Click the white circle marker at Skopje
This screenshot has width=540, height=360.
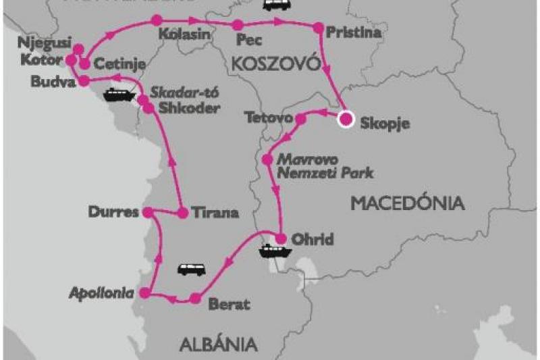point(346,120)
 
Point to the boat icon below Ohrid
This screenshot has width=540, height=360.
point(275,251)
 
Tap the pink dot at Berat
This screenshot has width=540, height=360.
point(195,298)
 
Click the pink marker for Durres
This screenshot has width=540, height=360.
point(146,211)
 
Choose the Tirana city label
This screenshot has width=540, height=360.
point(215,213)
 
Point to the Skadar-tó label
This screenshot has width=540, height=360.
point(178,93)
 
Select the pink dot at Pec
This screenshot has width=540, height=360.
point(237,25)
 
